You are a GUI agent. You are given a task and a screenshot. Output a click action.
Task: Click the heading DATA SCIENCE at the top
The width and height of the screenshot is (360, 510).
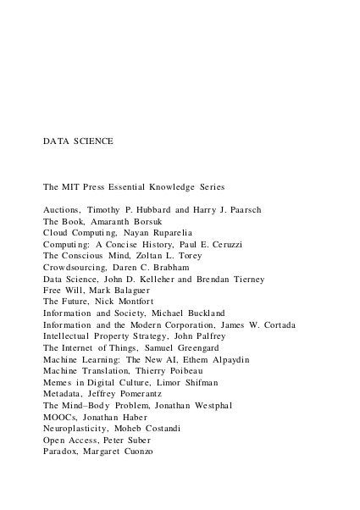[x=78, y=140]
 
